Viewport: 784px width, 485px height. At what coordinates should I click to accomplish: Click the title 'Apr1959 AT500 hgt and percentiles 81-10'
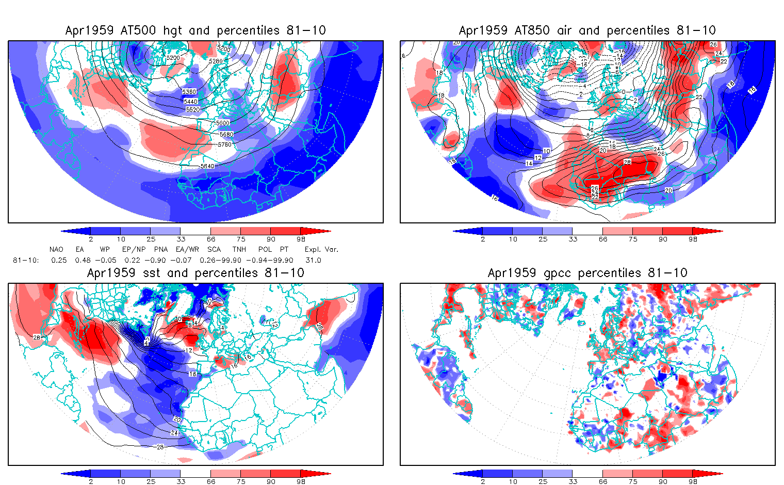pyautogui.click(x=195, y=30)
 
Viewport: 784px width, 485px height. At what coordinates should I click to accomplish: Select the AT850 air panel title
pyautogui.click(x=587, y=30)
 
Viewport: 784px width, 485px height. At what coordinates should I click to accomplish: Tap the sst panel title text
pyautogui.click(x=195, y=273)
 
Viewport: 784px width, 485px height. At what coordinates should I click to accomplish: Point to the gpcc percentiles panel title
pyautogui.click(x=587, y=273)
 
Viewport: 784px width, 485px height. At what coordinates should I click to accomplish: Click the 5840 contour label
pyautogui.click(x=207, y=166)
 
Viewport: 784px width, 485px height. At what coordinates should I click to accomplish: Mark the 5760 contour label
pyautogui.click(x=224, y=145)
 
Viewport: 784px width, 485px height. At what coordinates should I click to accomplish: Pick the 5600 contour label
pyautogui.click(x=223, y=123)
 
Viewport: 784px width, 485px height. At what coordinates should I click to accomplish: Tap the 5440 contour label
pyautogui.click(x=190, y=102)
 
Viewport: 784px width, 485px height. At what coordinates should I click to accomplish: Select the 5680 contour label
pyautogui.click(x=226, y=135)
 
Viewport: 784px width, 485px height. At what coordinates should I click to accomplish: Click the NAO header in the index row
pyautogui.click(x=56, y=250)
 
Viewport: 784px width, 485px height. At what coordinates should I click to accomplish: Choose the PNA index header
pyautogui.click(x=161, y=250)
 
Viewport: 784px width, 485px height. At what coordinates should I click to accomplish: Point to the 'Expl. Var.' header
pyautogui.click(x=321, y=250)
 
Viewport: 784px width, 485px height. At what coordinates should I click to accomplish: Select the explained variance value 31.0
pyautogui.click(x=313, y=261)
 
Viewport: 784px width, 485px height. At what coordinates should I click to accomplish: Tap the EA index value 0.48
pyautogui.click(x=83, y=261)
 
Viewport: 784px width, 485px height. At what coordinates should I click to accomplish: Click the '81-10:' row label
pyautogui.click(x=25, y=261)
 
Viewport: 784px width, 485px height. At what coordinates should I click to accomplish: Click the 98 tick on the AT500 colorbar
pyautogui.click(x=301, y=239)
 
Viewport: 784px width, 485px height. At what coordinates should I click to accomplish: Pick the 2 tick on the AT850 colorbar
pyautogui.click(x=483, y=239)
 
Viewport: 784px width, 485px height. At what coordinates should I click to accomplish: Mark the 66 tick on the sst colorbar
pyautogui.click(x=211, y=482)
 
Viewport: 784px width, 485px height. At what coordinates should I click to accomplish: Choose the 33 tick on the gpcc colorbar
pyautogui.click(x=573, y=482)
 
